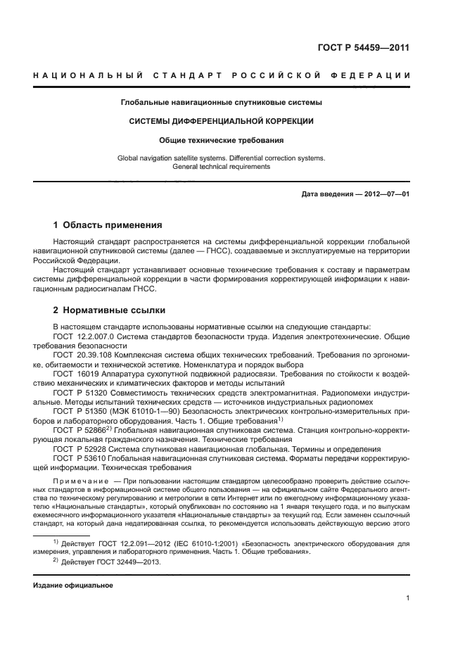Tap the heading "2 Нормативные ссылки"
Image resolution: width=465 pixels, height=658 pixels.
pyautogui.click(x=108, y=310)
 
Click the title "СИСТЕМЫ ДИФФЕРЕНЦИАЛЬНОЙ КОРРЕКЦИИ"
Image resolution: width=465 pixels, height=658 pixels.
pyautogui.click(x=221, y=121)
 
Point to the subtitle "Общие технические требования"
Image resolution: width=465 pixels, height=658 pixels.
pyautogui.click(x=221, y=140)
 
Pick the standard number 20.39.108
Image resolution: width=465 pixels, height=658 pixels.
pyautogui.click(x=89, y=356)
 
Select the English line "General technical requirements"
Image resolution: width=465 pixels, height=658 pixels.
pyautogui.click(x=221, y=167)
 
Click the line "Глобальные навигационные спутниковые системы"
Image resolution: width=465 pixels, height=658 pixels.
pyautogui.click(x=221, y=103)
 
